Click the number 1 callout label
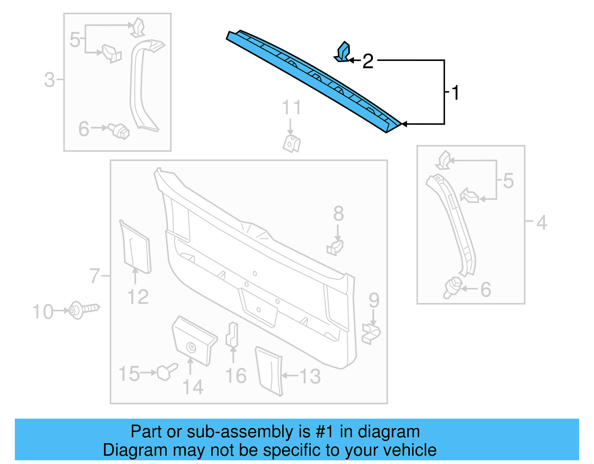(x=456, y=93)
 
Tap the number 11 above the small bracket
(x=291, y=108)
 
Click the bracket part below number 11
(x=291, y=144)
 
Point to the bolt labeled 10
(x=84, y=309)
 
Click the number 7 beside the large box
(x=95, y=276)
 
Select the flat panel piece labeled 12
(x=136, y=247)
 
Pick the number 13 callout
(x=310, y=376)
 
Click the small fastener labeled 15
(x=166, y=371)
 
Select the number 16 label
(x=236, y=376)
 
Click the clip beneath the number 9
(x=371, y=333)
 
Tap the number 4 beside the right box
(x=542, y=223)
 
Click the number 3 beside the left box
(x=49, y=80)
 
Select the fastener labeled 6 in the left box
(x=119, y=131)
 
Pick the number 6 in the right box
(x=486, y=289)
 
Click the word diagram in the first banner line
(x=389, y=432)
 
